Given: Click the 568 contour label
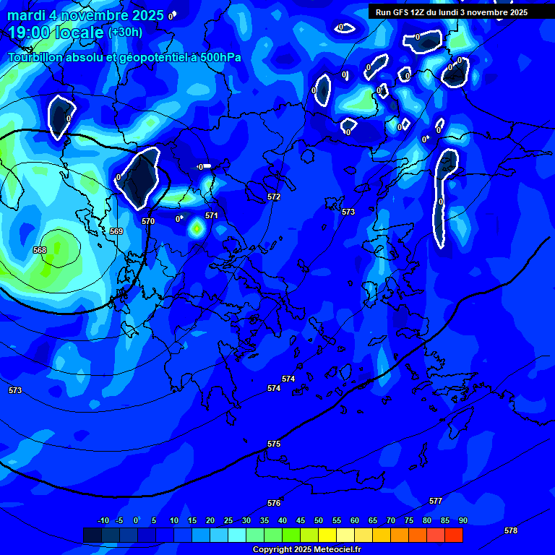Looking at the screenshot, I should (40, 250).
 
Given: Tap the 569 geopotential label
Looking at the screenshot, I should (116, 231).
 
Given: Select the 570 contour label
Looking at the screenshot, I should (148, 221).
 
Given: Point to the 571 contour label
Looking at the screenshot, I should (212, 215).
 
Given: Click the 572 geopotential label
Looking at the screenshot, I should (274, 197).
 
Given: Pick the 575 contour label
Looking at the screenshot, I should (274, 444).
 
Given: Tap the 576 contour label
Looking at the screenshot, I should (274, 503).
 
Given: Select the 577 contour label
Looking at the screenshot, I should (436, 501).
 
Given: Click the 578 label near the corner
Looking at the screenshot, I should (511, 530).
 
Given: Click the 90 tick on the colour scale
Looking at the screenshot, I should (462, 520).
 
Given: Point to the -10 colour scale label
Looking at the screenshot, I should (103, 520).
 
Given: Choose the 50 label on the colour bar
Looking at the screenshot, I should (319, 520).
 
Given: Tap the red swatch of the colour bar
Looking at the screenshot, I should (454, 535).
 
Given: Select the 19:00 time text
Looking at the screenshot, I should (28, 33).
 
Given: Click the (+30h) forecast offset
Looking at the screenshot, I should (125, 33).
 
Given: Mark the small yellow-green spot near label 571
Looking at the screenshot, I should (197, 229).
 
